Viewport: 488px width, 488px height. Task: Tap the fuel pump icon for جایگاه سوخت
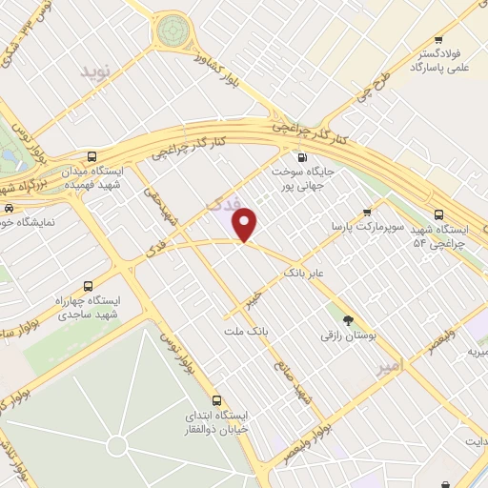(302, 158)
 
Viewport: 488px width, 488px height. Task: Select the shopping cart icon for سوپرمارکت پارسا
(367, 213)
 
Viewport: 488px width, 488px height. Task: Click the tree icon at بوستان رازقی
(347, 321)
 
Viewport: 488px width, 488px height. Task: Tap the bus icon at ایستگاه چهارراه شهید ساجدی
(89, 285)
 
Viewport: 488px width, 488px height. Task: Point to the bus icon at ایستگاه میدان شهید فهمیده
(91, 157)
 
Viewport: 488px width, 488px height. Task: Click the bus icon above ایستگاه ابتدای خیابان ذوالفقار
(217, 400)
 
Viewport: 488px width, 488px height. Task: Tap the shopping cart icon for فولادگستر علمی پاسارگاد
(437, 41)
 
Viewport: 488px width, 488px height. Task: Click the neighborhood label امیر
(391, 365)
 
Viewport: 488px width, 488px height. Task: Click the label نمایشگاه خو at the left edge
(33, 222)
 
